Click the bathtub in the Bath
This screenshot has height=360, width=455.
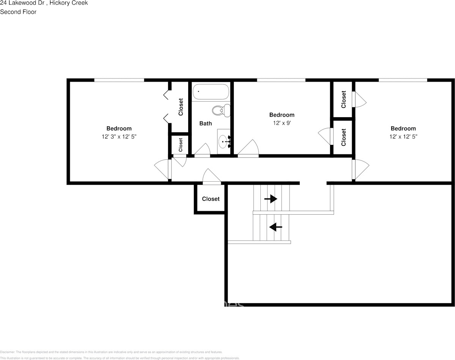[x=211, y=92]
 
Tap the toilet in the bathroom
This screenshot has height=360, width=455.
[x=220, y=110]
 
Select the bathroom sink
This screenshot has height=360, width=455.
[x=224, y=141]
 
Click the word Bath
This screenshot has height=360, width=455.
[x=206, y=123]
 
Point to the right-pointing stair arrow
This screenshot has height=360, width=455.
[x=271, y=199]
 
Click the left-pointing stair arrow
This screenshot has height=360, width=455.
[x=276, y=227]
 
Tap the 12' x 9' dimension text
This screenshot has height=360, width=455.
[x=282, y=123]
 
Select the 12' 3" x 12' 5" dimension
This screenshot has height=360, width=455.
[x=119, y=137]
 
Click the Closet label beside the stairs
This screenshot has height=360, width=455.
[x=211, y=199]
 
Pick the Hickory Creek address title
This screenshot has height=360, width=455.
[x=44, y=3]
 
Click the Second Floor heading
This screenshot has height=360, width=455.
[x=18, y=12]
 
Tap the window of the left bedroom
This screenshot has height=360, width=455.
[x=119, y=80]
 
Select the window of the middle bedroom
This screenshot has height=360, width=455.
[x=281, y=80]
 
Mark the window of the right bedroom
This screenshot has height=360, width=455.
[x=403, y=80]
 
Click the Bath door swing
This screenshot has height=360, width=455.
[x=203, y=150]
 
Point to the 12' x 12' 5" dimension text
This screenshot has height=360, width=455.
[x=403, y=137]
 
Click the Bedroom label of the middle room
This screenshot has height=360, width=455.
[x=282, y=115]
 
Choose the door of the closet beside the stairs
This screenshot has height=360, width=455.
[x=212, y=178]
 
